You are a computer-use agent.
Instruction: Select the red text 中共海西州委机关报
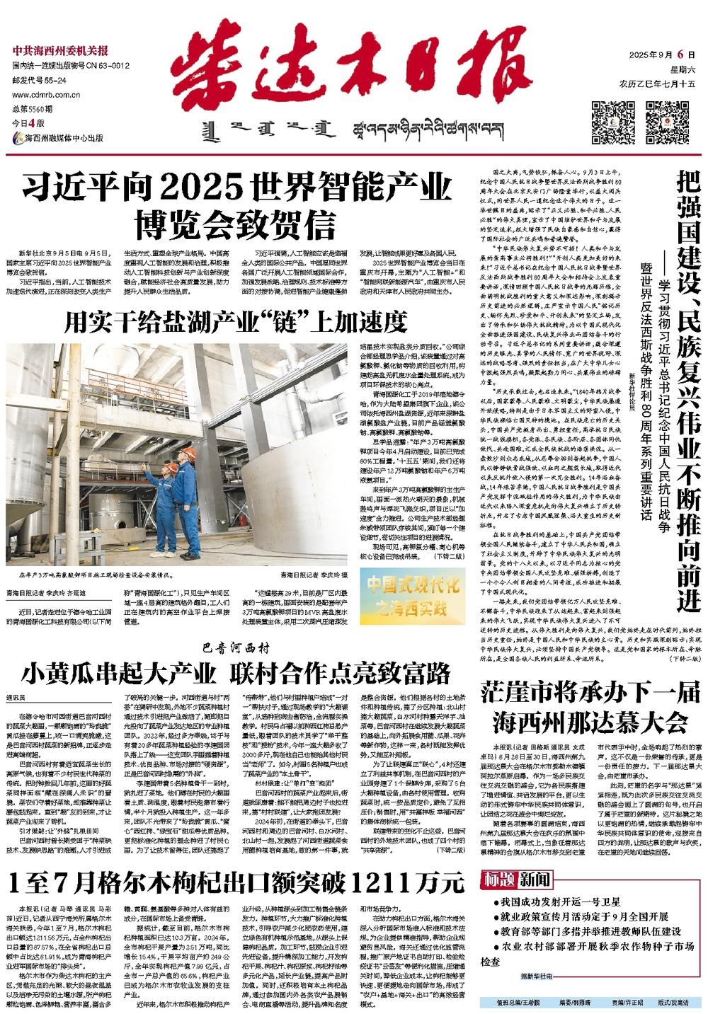click(60, 52)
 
